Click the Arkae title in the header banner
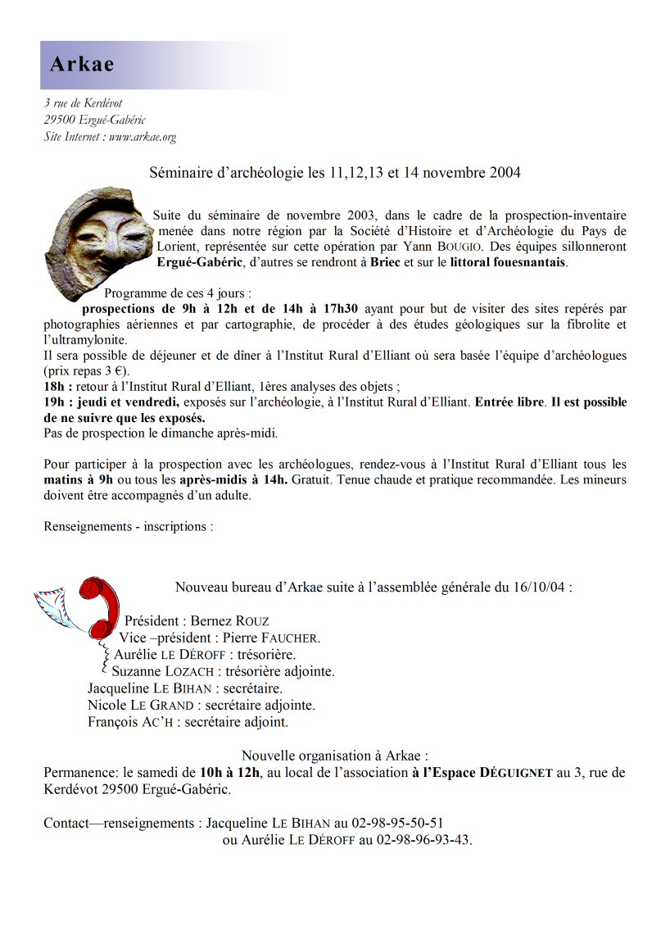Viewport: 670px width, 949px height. [82, 65]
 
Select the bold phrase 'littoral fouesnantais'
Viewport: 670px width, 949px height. [507, 263]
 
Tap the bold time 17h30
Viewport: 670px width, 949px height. [337, 309]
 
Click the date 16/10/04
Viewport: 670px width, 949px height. [544, 588]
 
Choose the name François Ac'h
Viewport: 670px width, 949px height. [130, 722]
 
